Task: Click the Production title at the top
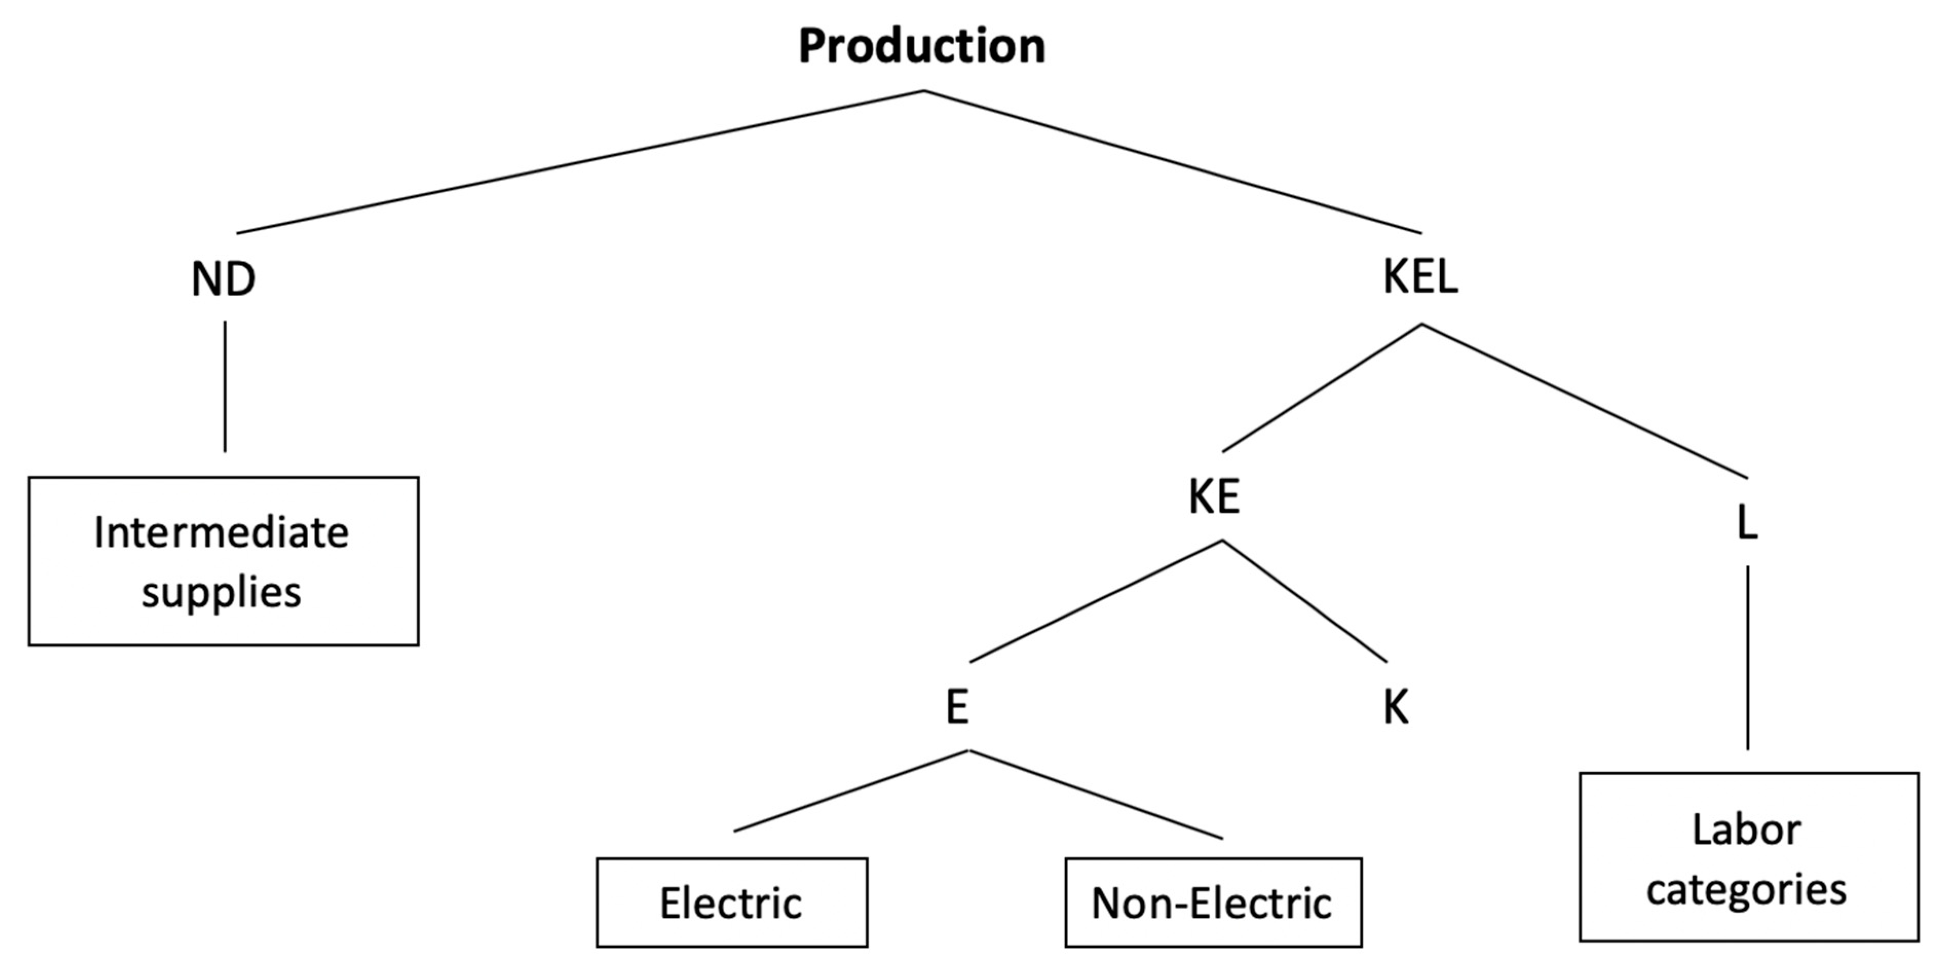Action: (x=921, y=45)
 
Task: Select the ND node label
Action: (x=223, y=279)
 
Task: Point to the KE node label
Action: (x=1214, y=498)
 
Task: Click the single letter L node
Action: (x=1746, y=523)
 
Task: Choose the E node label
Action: (x=957, y=709)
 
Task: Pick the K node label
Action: (x=1395, y=709)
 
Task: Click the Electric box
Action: (x=731, y=902)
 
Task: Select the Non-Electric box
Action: (x=1213, y=902)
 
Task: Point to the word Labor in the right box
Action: (x=1746, y=830)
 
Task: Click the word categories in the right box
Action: (x=1746, y=889)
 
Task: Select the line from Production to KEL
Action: (x=1172, y=162)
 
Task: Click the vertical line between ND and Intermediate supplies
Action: (x=225, y=386)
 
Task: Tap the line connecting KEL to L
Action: (x=1584, y=401)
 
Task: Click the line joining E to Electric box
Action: (x=851, y=791)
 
